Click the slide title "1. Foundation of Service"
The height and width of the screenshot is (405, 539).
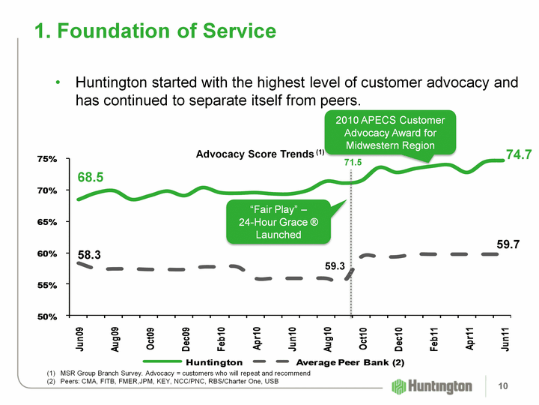click(155, 31)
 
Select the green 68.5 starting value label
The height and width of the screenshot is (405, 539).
click(91, 177)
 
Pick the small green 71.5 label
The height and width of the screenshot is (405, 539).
click(353, 162)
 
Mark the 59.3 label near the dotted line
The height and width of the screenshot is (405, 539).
click(335, 266)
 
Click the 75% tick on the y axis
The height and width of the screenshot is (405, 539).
click(47, 159)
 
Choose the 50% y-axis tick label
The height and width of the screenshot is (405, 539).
click(47, 316)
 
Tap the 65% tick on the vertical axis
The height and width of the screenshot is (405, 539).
click(47, 222)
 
